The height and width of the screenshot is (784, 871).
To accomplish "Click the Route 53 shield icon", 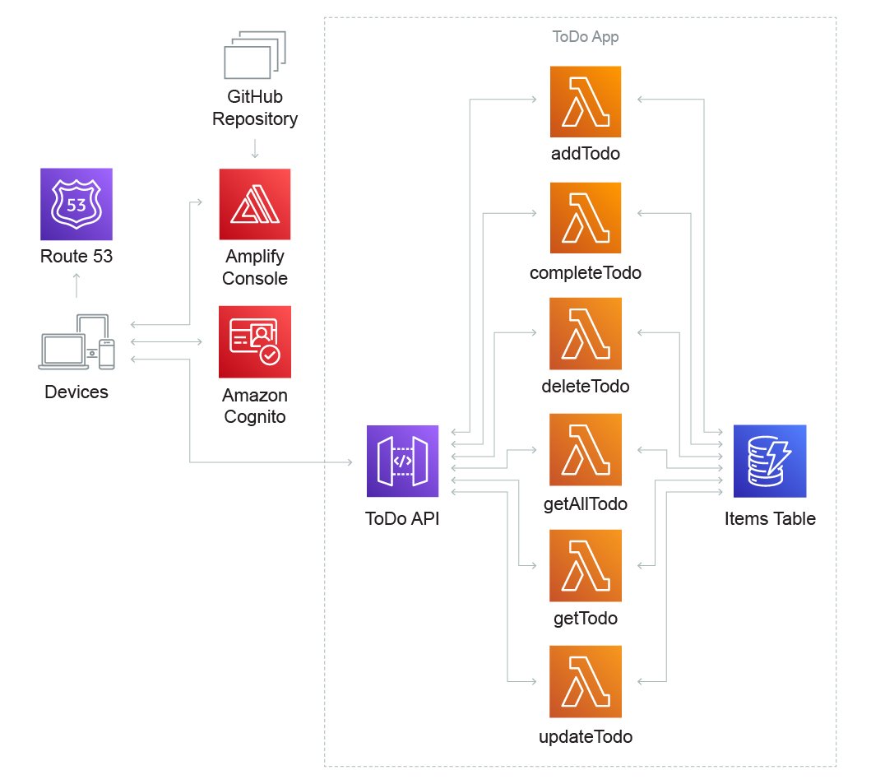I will click(76, 204).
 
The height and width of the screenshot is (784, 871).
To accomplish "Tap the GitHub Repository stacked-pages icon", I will click(255, 55).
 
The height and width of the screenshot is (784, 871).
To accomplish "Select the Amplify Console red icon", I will click(255, 204).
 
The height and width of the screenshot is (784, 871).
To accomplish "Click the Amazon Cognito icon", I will click(255, 341).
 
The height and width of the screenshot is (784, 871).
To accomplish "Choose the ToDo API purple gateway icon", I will click(403, 461).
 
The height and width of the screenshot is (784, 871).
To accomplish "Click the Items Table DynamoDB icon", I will click(769, 461).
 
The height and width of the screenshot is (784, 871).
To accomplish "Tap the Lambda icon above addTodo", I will click(586, 102).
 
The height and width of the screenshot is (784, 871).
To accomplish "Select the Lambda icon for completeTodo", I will click(586, 218).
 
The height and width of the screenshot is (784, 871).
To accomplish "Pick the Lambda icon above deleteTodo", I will click(586, 333).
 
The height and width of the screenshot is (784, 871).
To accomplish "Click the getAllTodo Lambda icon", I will click(586, 449).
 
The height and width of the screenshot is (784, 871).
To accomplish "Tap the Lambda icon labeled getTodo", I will click(586, 565).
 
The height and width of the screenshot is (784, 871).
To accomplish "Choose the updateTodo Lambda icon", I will click(586, 681).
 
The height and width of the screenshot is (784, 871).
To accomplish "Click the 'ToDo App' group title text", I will click(585, 37).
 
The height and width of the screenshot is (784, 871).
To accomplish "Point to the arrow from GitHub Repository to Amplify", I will click(255, 149).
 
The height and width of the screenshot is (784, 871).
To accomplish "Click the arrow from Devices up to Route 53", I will click(76, 285).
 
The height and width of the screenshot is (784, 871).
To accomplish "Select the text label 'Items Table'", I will click(770, 519).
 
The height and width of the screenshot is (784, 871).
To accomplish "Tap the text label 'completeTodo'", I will click(586, 272).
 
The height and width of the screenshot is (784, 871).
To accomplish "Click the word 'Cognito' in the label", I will click(255, 416).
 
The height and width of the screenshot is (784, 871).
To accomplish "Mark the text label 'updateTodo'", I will click(586, 736).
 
